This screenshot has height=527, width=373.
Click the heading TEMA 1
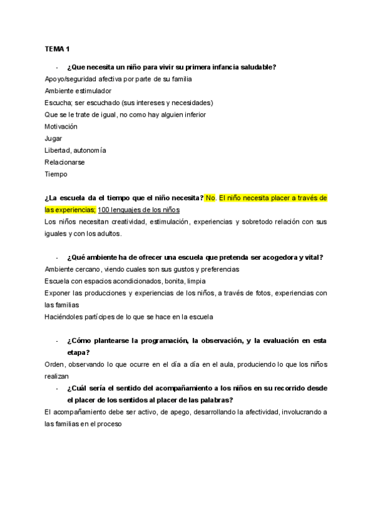(x=58, y=48)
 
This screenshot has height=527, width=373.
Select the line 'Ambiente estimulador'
(x=78, y=91)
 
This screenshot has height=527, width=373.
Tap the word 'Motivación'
(x=62, y=126)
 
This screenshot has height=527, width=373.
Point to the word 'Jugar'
(x=53, y=138)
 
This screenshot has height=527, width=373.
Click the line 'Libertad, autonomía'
(x=75, y=150)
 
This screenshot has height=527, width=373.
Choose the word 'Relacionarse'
(x=65, y=162)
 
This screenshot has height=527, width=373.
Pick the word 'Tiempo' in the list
(x=56, y=174)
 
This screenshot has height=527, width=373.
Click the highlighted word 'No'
(x=210, y=198)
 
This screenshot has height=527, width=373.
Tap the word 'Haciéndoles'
(x=64, y=317)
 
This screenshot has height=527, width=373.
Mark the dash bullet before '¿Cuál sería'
(x=57, y=388)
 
